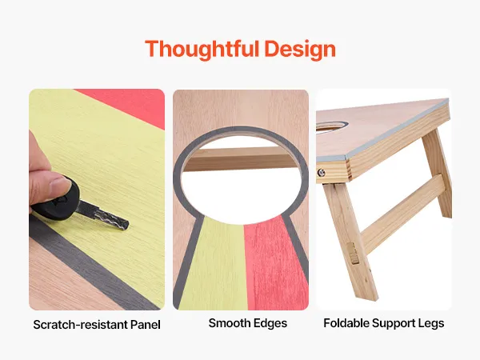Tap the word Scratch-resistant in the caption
pyautogui.click(x=80, y=325)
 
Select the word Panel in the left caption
pyautogui.click(x=146, y=325)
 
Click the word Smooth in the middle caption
pyautogui.click(x=227, y=323)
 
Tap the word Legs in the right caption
pyautogui.click(x=431, y=323)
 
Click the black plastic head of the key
pyautogui.click(x=56, y=201)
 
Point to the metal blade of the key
pyautogui.click(x=102, y=215)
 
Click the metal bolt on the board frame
pyautogui.click(x=321, y=173)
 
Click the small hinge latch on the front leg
pyautogui.click(x=354, y=253)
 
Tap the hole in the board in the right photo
pyautogui.click(x=332, y=127)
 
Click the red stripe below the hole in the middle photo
pyautogui.click(x=275, y=263)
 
